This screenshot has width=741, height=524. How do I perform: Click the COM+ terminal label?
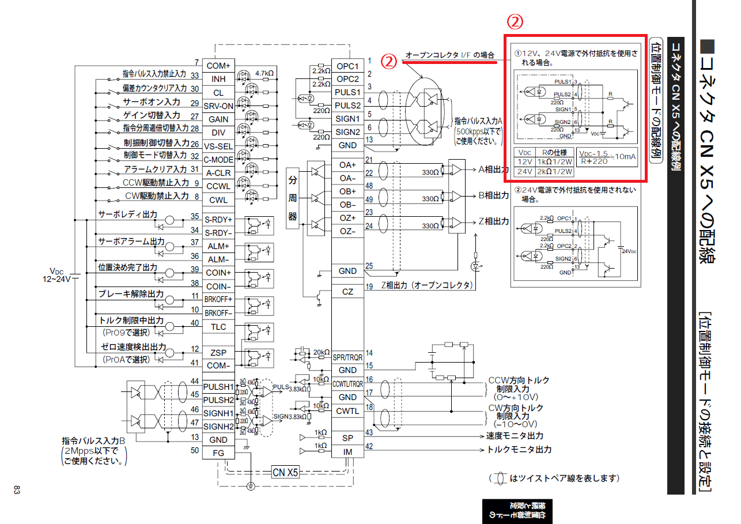point(218,66)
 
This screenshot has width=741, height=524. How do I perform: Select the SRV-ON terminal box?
point(218,106)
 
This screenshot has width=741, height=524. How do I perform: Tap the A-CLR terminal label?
point(218,173)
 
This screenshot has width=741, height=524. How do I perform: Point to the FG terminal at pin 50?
point(218,453)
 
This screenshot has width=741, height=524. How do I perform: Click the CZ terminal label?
point(347,292)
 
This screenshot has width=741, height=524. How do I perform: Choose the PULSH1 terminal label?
point(218,386)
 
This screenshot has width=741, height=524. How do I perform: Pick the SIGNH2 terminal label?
point(218,427)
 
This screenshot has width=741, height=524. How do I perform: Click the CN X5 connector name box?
point(285,473)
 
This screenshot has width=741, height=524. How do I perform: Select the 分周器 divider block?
point(293,199)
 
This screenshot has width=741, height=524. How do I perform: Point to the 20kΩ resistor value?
point(321,352)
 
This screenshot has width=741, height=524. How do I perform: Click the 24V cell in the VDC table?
point(524,172)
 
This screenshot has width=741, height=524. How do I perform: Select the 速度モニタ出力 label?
point(515,436)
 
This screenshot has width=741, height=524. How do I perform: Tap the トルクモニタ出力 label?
point(519,450)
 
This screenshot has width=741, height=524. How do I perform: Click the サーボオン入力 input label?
point(152,102)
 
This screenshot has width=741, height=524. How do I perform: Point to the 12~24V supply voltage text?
point(56,279)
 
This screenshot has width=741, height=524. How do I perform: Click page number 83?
point(17,490)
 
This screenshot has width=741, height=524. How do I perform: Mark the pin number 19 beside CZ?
point(369,286)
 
